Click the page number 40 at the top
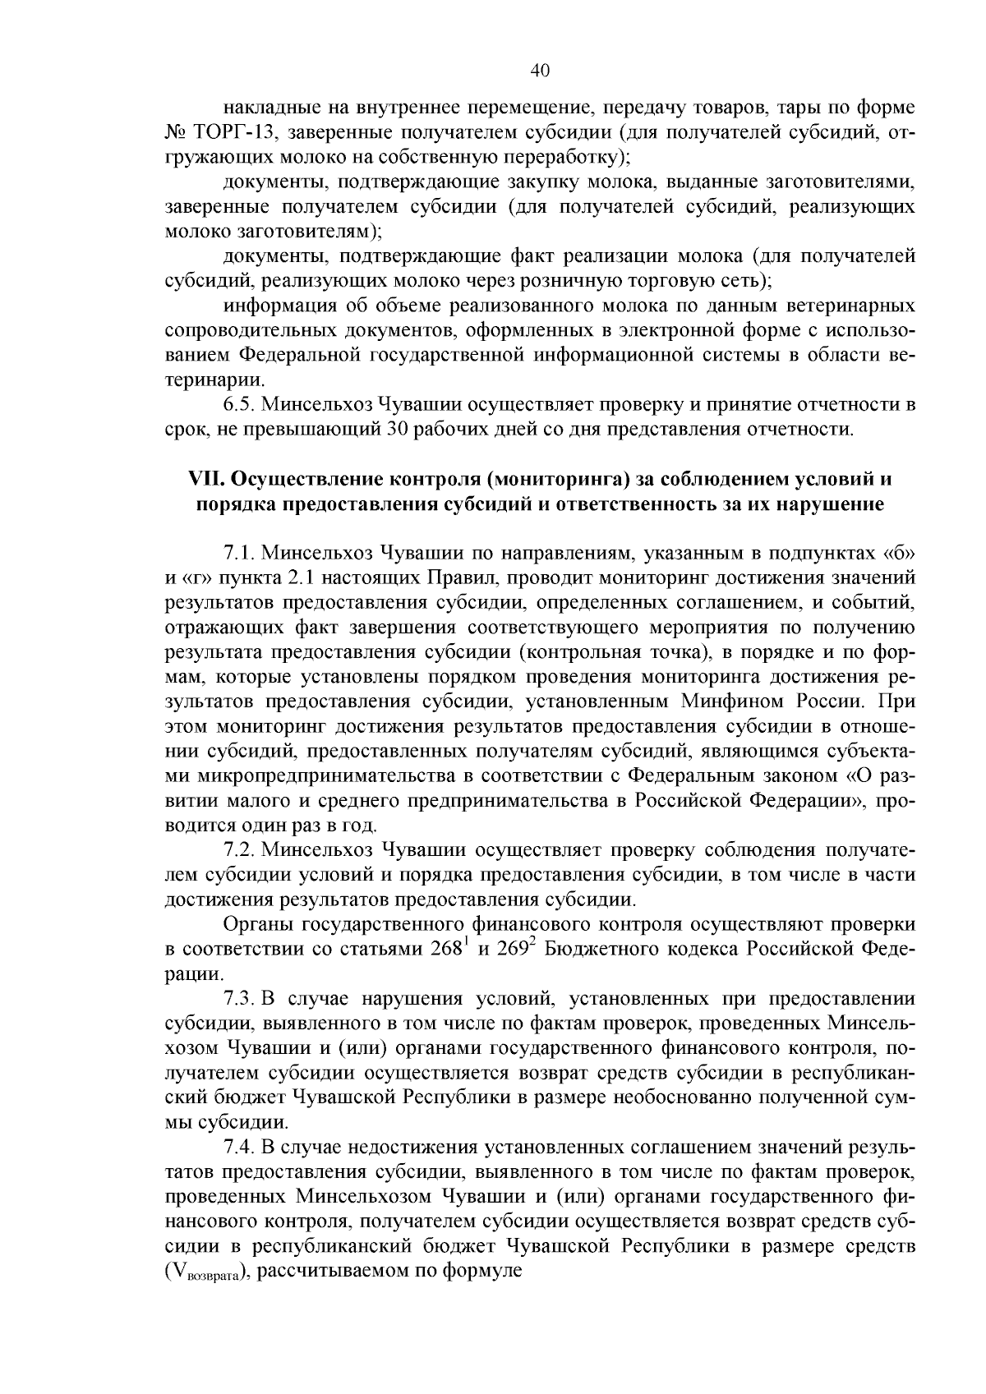[x=540, y=71]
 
